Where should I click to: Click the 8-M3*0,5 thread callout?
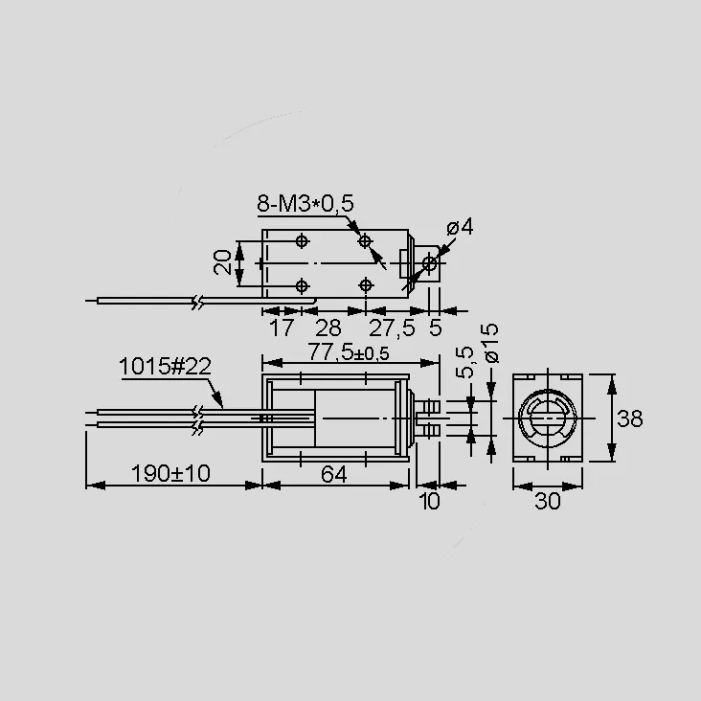305,203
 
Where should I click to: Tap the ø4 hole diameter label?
460,227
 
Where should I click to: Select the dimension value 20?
222,262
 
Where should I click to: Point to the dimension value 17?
282,328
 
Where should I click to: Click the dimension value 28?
328,328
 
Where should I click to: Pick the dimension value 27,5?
392,328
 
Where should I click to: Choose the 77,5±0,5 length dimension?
349,352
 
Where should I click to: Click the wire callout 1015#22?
165,367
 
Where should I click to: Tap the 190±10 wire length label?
170,473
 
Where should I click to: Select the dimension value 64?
334,474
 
